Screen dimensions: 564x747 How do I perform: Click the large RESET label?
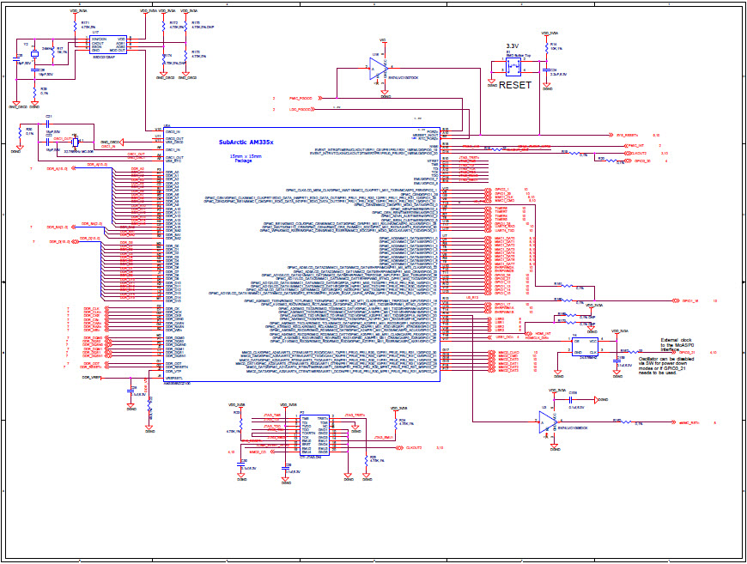515,85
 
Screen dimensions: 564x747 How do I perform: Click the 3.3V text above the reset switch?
513,45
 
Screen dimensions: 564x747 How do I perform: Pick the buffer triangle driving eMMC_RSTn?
546,420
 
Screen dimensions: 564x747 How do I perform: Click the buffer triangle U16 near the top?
381,70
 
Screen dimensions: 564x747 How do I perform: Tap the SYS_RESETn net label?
628,135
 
